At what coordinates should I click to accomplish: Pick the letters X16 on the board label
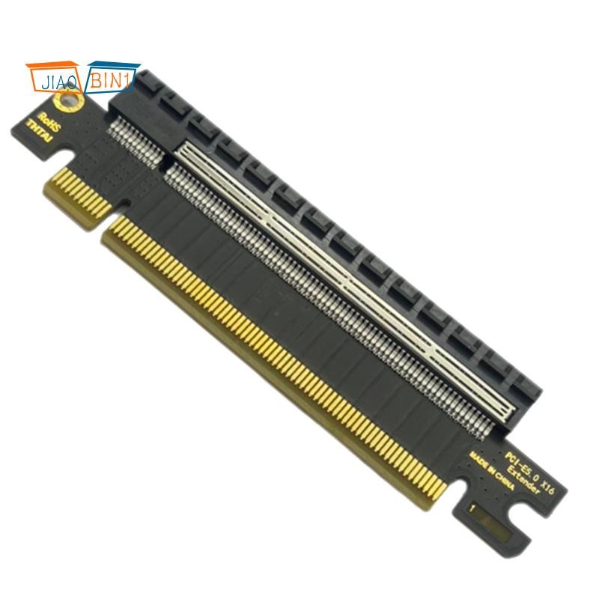(555, 485)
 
